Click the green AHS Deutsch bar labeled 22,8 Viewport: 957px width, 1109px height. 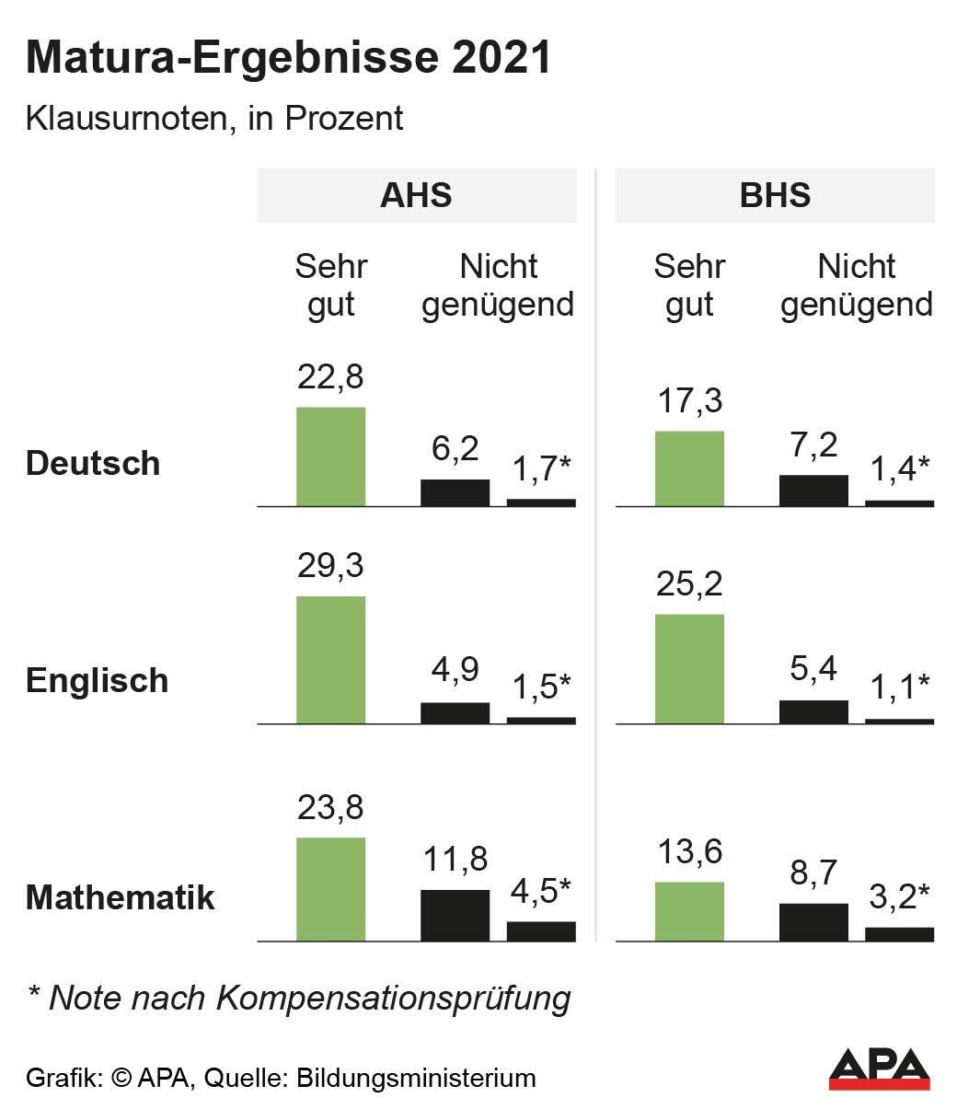tap(330, 456)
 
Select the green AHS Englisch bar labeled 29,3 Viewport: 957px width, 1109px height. tap(330, 660)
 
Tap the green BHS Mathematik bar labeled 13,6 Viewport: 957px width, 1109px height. tap(689, 911)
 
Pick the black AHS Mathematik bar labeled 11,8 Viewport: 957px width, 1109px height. tap(455, 915)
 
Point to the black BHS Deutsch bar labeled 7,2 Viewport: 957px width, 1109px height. tap(813, 491)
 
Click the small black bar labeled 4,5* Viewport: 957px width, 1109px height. tap(541, 930)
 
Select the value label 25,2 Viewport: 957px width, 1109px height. tap(689, 583)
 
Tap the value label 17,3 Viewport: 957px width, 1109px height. tap(689, 401)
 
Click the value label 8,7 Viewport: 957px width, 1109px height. tap(813, 873)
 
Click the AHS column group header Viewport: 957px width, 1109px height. tap(416, 195)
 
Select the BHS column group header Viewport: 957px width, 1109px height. tap(775, 195)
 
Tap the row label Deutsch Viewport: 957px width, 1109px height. tap(93, 462)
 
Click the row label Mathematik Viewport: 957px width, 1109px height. tap(120, 897)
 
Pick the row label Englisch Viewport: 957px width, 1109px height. tap(97, 680)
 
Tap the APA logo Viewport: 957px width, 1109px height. tap(879, 1068)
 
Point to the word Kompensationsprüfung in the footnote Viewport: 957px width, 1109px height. tap(394, 998)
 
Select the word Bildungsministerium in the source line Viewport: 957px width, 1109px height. tap(416, 1078)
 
